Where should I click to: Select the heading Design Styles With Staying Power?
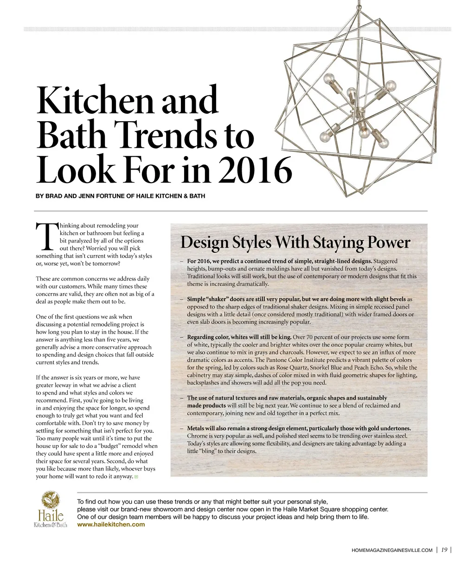pos(295,242)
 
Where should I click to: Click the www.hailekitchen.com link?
pos(111,525)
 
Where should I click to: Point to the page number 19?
pos(444,550)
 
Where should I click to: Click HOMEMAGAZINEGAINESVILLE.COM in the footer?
pos(392,551)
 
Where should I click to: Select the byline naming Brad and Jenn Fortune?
pos(120,196)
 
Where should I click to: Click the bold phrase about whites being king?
pos(239,337)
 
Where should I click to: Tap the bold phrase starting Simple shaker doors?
pos(296,299)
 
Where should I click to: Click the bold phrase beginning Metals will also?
pos(299,428)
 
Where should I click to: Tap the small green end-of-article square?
pos(136,477)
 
